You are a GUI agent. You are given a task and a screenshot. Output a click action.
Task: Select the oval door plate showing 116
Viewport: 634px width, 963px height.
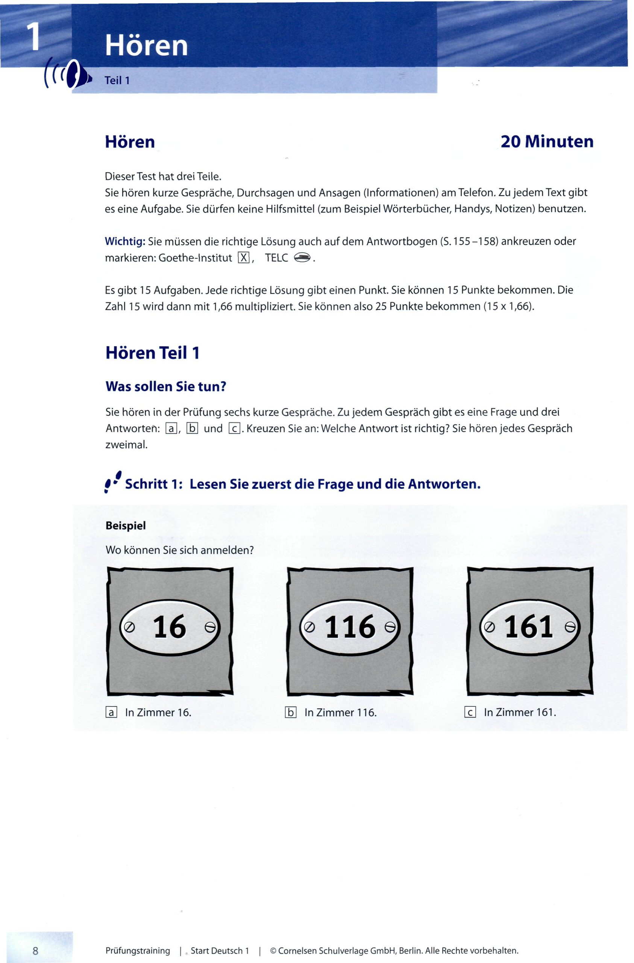point(350,627)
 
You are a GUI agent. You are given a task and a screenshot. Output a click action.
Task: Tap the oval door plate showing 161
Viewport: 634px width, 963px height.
point(529,627)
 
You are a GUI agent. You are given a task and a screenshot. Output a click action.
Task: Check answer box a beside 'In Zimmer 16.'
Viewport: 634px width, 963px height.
point(111,712)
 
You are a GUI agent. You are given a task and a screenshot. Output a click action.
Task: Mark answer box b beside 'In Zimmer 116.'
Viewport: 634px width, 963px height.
point(291,712)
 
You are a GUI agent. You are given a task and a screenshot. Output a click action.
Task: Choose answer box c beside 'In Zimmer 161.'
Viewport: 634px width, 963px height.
point(470,712)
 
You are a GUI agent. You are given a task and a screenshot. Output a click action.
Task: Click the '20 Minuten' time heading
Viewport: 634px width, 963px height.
point(547,141)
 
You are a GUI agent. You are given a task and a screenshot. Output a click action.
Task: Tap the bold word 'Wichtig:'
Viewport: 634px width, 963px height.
point(125,242)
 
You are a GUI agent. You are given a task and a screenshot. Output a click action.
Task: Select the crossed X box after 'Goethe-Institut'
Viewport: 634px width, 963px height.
point(244,258)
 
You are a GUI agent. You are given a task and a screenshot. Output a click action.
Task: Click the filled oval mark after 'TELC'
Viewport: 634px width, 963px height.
point(302,257)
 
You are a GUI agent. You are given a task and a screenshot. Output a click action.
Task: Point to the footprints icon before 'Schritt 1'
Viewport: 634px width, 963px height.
point(113,481)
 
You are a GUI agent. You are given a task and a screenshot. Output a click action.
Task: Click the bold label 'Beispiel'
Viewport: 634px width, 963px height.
point(126,526)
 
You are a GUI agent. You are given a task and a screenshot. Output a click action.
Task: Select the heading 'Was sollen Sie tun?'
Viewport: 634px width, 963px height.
point(165,386)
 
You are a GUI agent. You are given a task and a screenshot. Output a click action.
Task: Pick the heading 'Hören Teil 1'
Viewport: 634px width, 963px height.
point(153,353)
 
